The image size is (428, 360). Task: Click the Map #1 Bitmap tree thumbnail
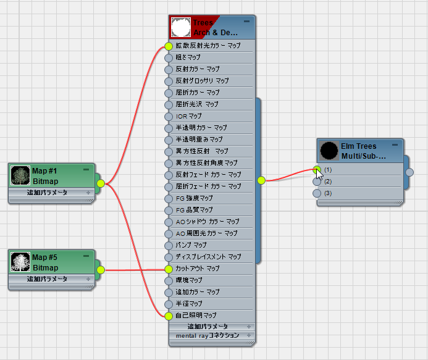(x=20, y=175)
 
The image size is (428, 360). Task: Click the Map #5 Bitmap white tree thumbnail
(x=20, y=262)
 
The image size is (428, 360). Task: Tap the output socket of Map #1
(x=101, y=183)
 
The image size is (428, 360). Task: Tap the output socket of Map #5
(x=101, y=270)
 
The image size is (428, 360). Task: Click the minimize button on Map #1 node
(x=86, y=170)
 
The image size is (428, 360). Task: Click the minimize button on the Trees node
(x=247, y=21)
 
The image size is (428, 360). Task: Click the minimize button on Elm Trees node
(x=395, y=145)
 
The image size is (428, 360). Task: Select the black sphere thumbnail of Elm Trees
(x=329, y=151)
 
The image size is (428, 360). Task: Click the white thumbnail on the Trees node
(x=181, y=27)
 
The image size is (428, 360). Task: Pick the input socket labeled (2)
(x=317, y=182)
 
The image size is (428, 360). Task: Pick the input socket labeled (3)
(x=317, y=193)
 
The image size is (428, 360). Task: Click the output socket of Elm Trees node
(x=409, y=172)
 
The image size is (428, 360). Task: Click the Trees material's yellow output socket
(x=261, y=180)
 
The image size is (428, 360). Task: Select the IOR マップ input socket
(x=169, y=117)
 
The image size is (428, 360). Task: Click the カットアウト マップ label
(x=198, y=269)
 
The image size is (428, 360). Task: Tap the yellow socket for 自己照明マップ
(x=169, y=316)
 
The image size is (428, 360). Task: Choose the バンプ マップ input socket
(x=169, y=246)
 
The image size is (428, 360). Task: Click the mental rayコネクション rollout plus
(x=249, y=335)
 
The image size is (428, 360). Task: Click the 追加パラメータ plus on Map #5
(x=88, y=279)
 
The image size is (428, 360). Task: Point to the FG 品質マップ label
(x=195, y=210)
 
